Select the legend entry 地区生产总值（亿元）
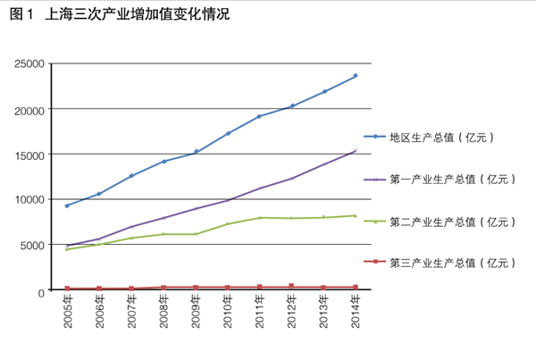click(x=441, y=137)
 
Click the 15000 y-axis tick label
click(x=30, y=155)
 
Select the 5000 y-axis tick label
click(x=34, y=246)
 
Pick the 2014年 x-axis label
click(x=356, y=311)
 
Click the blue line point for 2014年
click(x=356, y=76)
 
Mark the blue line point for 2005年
click(x=67, y=205)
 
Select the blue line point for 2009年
click(x=196, y=152)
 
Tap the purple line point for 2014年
click(x=356, y=150)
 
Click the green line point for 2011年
click(x=260, y=217)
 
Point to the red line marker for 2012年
click(x=292, y=286)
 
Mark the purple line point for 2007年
click(x=131, y=227)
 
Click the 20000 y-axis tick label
click(x=30, y=109)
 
